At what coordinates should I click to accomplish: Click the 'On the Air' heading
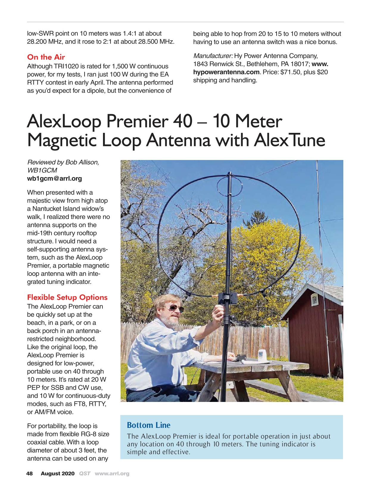(46, 57)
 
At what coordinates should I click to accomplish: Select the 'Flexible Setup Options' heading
(67, 297)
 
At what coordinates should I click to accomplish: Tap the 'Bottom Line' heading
(149, 425)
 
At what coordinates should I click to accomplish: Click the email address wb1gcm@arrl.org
(54, 178)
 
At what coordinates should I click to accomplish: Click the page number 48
(29, 473)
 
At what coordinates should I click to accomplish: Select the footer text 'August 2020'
(57, 473)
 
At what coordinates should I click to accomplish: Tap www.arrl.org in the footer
(112, 473)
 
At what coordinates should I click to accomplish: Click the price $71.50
(291, 72)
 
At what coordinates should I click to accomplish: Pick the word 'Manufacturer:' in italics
(213, 56)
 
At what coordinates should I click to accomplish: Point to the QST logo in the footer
(85, 473)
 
